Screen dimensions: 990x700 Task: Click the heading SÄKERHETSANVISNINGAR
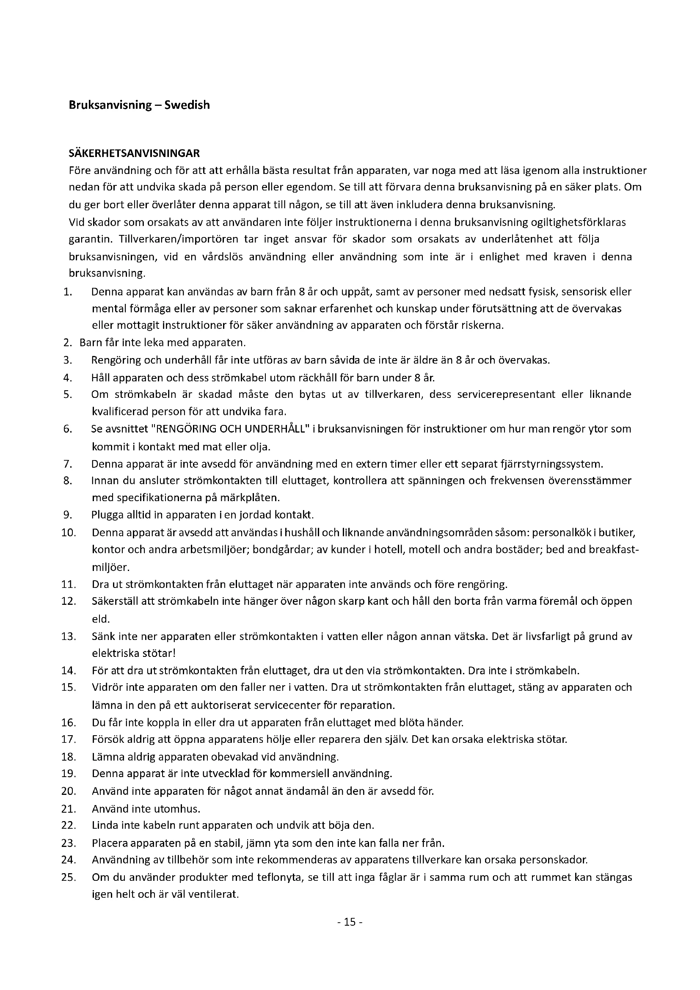[134, 153]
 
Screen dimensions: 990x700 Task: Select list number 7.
[67, 464]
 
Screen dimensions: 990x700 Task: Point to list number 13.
[69, 637]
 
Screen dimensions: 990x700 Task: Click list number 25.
[69, 877]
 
